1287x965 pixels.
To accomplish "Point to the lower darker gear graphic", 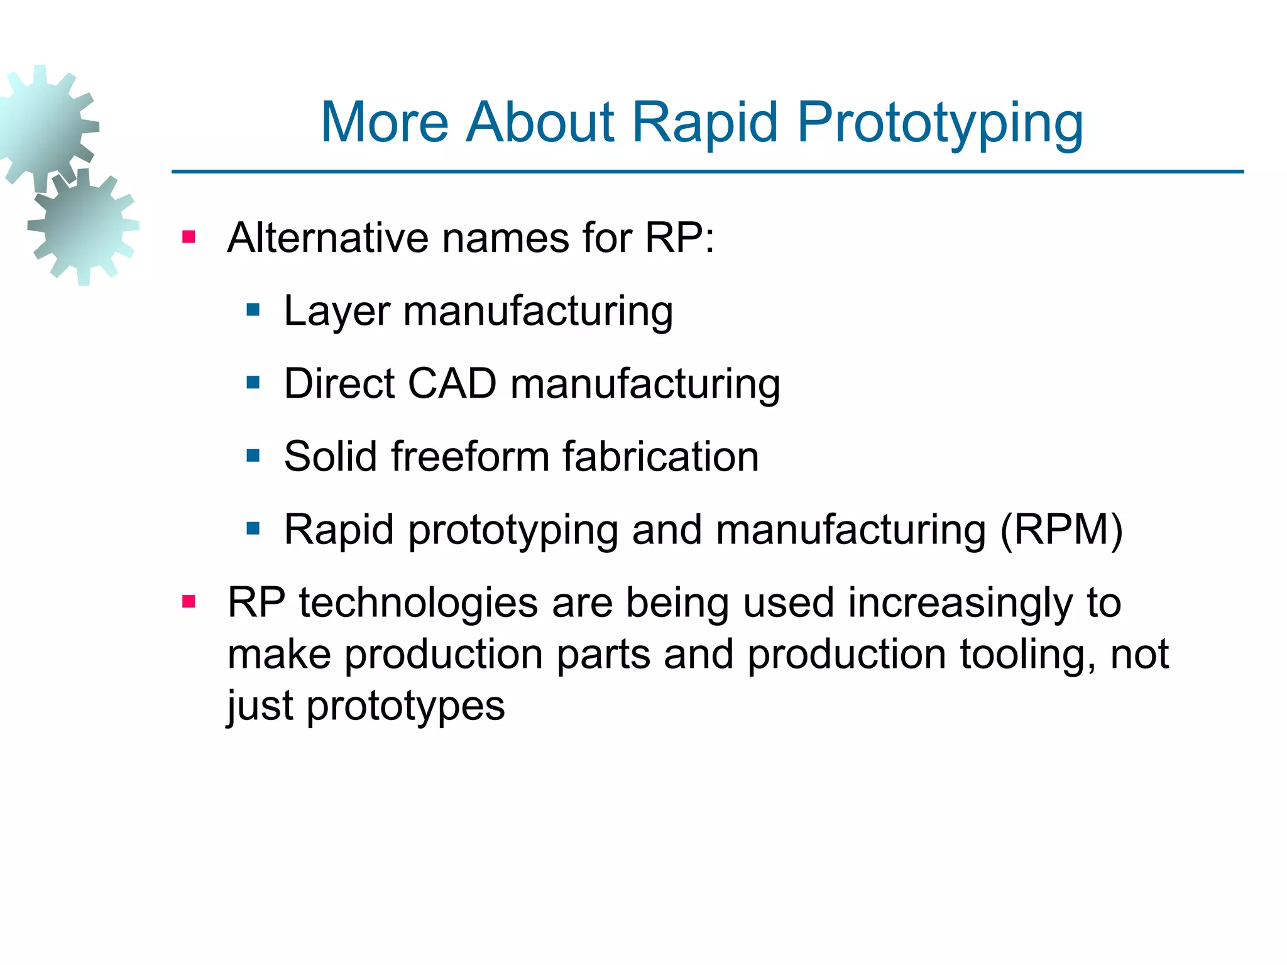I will [x=84, y=226].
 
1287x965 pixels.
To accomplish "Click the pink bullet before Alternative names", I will [x=189, y=237].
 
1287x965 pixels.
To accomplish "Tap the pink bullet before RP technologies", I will [x=189, y=602].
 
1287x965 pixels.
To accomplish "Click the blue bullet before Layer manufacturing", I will [x=253, y=310].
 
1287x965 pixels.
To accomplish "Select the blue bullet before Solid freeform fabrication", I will [x=253, y=455].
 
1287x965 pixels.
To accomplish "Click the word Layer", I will [x=337, y=311].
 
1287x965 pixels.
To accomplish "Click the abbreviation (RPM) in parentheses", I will [x=1061, y=530].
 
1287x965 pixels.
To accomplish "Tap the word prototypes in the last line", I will [x=405, y=707].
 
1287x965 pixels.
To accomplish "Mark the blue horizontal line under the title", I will [x=707, y=171].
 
